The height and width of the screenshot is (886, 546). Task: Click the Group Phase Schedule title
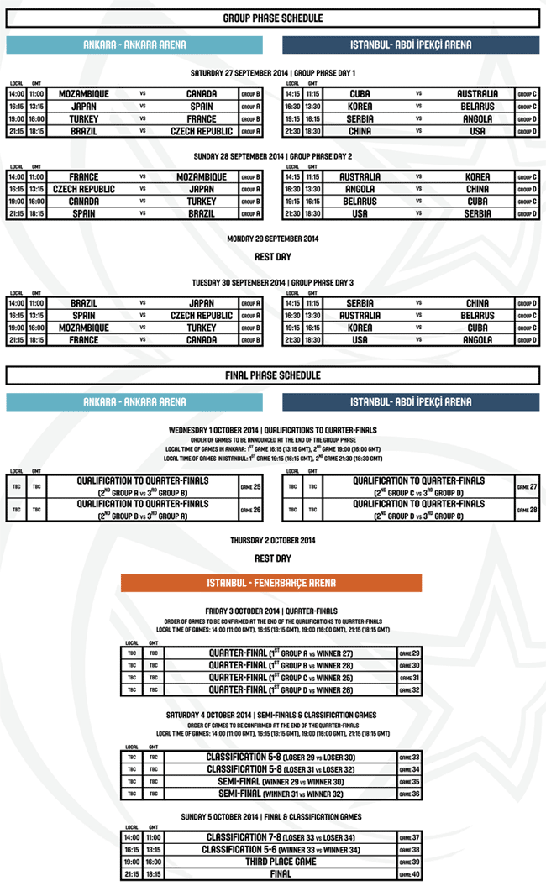[273, 18]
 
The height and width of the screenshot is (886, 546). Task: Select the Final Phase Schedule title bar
[273, 375]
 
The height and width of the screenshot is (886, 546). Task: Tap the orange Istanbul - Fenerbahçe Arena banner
[271, 583]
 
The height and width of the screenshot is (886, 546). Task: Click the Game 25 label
[250, 486]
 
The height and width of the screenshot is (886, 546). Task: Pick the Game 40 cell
[409, 874]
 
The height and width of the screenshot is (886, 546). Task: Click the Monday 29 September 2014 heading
[273, 239]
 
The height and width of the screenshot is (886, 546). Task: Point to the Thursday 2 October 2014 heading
[273, 540]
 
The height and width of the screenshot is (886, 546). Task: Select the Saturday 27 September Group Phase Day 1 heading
[273, 73]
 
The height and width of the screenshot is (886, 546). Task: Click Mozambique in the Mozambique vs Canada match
[84, 94]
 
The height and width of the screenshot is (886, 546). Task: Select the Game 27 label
[527, 486]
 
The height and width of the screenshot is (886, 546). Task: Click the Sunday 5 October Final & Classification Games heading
[273, 816]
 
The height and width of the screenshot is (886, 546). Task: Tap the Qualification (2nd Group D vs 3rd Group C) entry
[419, 509]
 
